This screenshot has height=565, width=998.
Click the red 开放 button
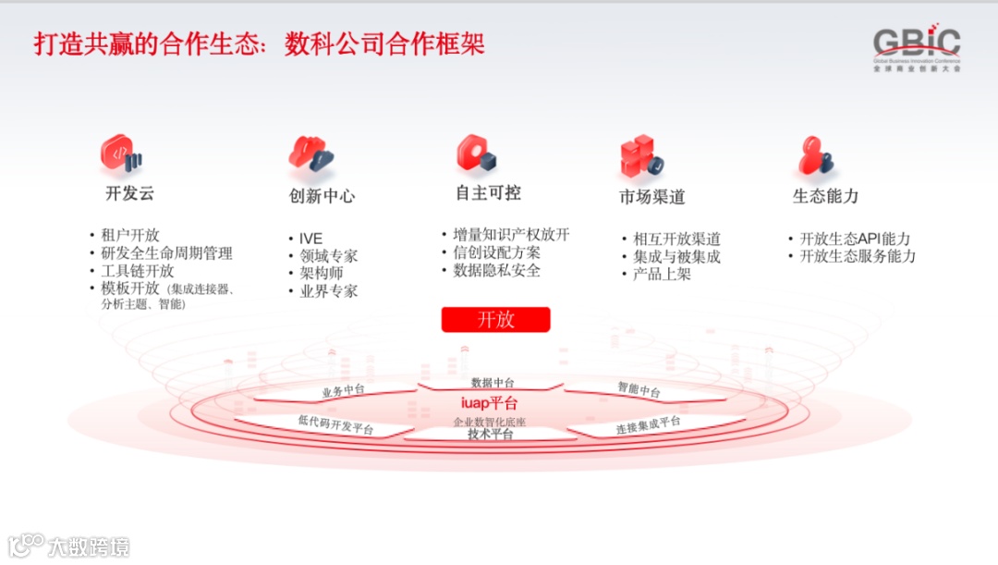tap(495, 320)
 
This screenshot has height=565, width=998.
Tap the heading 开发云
tap(129, 193)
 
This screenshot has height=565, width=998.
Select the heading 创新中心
tap(322, 196)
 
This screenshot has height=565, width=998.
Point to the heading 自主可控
tap(488, 192)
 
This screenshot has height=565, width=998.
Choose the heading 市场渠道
tap(652, 197)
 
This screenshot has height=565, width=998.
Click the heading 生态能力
tap(825, 196)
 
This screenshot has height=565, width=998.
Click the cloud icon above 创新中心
tap(310, 153)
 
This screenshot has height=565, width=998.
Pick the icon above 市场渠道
tap(639, 156)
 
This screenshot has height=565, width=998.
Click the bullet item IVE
tap(311, 239)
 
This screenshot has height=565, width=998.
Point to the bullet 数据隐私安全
tap(497, 270)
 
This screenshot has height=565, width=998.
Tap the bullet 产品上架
tap(662, 274)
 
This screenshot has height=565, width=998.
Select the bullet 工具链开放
tap(138, 271)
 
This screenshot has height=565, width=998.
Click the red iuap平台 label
tap(490, 403)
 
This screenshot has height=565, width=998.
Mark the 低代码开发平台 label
tap(335, 424)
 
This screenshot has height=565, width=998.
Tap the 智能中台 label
tap(639, 389)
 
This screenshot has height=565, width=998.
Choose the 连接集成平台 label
tap(648, 425)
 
